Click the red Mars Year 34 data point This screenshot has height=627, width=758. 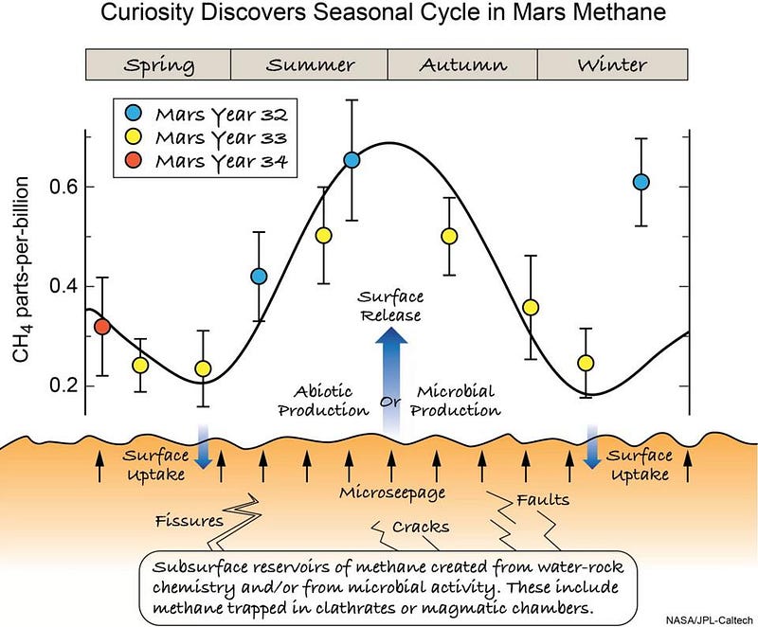point(102,327)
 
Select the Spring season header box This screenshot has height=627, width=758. point(158,65)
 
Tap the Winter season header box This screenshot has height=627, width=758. point(613,65)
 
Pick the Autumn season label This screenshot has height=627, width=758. point(463,65)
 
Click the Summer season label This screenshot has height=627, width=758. point(310,65)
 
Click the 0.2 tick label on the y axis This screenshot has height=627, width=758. point(65,385)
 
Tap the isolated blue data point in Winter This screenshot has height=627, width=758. point(641,182)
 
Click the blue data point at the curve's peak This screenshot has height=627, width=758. point(352,160)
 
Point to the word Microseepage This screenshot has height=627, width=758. point(391,493)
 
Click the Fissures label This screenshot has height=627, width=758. point(189,521)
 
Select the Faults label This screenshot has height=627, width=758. point(544,499)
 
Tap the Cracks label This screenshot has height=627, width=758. point(421,527)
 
